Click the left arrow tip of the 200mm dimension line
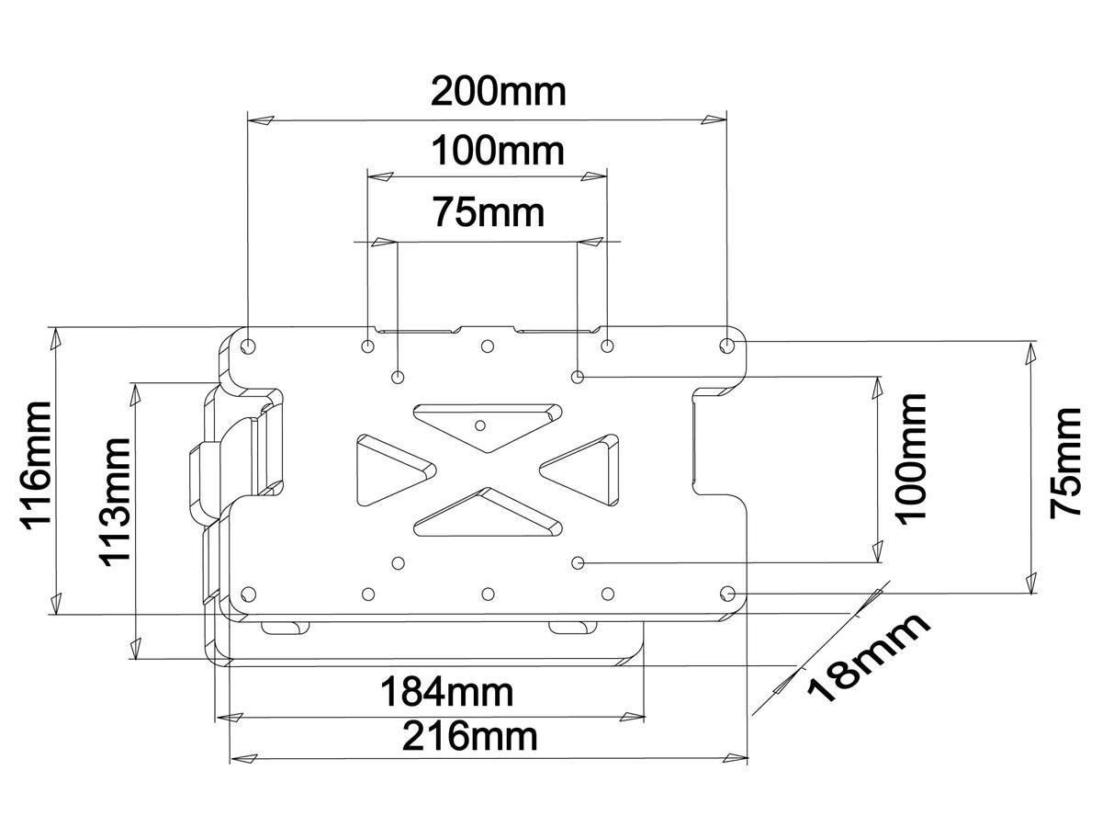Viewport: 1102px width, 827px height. [249, 120]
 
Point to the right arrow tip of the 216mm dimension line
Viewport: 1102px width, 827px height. [747, 758]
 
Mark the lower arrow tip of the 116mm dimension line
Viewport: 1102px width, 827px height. [57, 614]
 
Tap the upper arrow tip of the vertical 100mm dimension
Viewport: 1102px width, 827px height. [878, 376]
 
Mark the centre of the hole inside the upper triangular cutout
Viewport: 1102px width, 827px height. [480, 425]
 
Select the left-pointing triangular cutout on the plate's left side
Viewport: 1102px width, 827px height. [396, 470]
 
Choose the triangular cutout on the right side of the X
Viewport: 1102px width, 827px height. [579, 470]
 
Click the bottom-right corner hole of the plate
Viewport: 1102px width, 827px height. [727, 594]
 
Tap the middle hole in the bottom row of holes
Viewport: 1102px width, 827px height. [488, 595]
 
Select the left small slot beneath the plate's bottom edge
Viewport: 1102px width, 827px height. [285, 628]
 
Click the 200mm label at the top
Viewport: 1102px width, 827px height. [499, 91]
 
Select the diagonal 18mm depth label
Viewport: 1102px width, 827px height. [868, 658]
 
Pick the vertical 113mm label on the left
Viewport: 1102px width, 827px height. [116, 503]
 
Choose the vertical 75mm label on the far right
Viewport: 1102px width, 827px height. [1065, 463]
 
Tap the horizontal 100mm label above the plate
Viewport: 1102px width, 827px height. [498, 151]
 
